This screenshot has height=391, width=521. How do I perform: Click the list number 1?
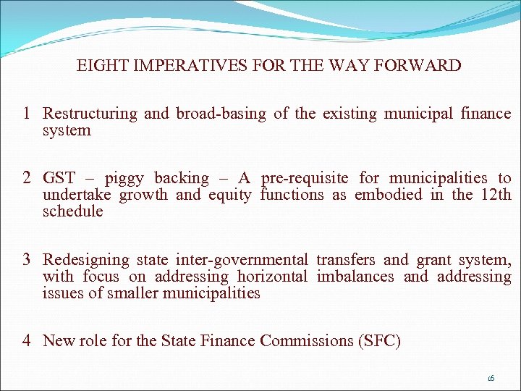26,114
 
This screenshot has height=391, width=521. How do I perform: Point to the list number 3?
26,259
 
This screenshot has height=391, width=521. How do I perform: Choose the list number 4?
26,340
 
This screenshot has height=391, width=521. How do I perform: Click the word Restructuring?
90,114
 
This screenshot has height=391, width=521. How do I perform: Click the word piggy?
124,179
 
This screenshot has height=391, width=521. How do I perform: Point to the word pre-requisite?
305,178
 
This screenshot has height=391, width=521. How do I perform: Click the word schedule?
72,211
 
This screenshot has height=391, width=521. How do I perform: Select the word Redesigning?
83,260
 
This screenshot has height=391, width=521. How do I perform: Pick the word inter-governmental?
247,259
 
